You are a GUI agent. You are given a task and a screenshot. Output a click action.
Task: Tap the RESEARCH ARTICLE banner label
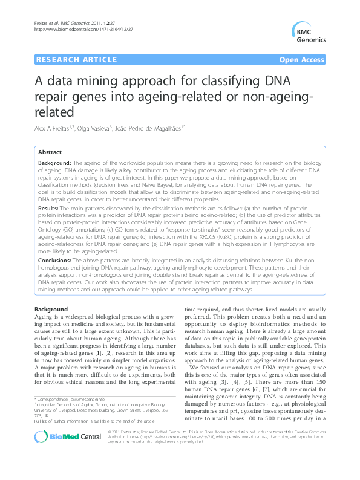tap(76, 60)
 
